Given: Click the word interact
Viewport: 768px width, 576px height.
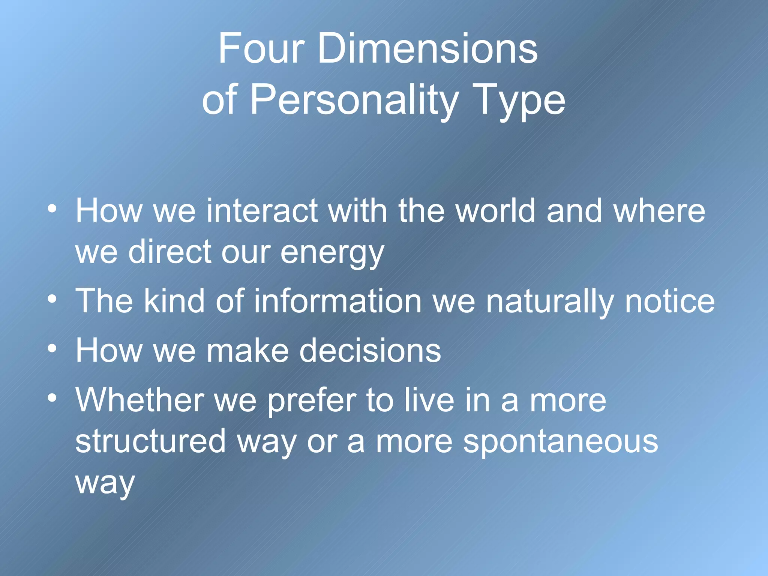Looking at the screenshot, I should click(x=262, y=211).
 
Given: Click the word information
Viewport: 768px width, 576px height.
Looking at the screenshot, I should click(x=338, y=301).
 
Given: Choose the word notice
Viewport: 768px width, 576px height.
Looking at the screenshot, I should click(x=670, y=301).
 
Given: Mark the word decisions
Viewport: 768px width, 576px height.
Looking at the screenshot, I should click(x=370, y=350).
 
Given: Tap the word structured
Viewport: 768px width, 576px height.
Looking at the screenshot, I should click(x=151, y=441).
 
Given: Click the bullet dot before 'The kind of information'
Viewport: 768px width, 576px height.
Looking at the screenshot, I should click(x=52, y=299).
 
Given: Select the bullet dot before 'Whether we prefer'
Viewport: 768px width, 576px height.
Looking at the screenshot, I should click(x=52, y=398).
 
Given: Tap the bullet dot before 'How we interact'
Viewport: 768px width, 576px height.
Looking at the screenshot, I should click(x=52, y=208).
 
